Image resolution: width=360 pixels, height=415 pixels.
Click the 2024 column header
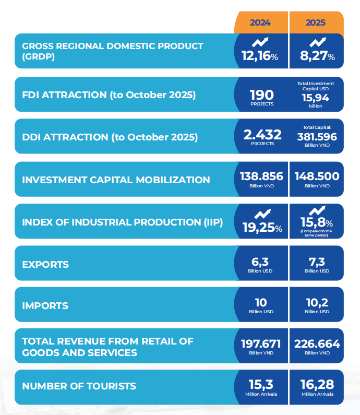(x=260, y=23)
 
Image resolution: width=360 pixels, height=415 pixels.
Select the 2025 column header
(x=316, y=23)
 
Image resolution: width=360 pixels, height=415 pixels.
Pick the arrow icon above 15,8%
(x=317, y=210)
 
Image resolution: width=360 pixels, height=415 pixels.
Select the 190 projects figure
(x=261, y=95)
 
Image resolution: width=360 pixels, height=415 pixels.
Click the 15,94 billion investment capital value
(x=315, y=98)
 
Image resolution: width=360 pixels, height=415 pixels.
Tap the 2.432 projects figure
(x=262, y=135)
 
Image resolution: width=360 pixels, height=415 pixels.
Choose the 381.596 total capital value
(x=317, y=137)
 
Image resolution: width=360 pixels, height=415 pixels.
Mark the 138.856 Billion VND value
(x=261, y=176)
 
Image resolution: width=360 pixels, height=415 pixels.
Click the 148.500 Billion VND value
(x=317, y=176)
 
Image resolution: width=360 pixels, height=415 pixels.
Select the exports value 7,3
(x=317, y=262)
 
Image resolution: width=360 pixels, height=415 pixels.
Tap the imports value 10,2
(x=317, y=303)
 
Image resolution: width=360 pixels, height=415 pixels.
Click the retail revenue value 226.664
(x=317, y=344)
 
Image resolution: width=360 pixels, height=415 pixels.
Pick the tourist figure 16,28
(x=317, y=385)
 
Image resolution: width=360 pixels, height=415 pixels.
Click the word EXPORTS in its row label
(x=45, y=264)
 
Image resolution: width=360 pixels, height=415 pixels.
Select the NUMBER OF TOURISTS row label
(x=79, y=386)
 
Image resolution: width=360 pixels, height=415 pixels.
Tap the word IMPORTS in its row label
(x=45, y=305)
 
